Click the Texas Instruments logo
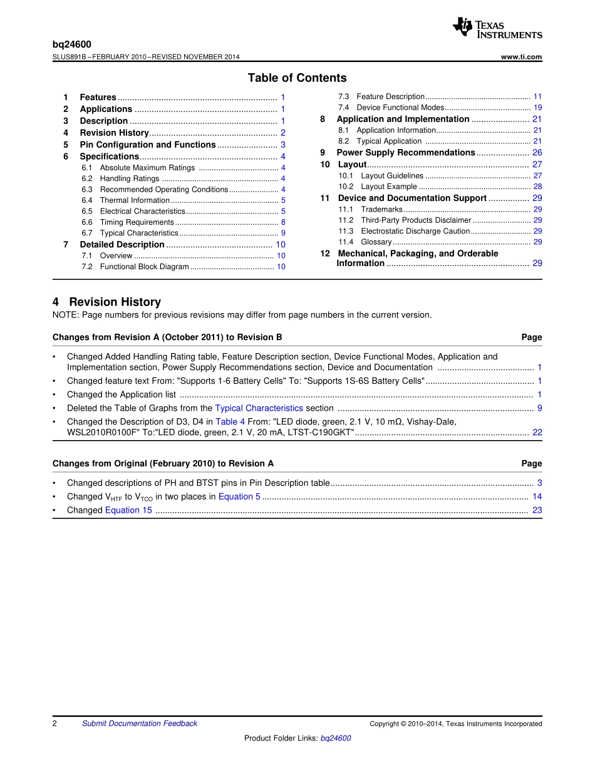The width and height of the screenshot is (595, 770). pyautogui.click(x=497, y=28)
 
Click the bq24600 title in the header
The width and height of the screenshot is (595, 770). pyautogui.click(x=71, y=44)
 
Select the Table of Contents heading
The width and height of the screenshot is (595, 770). pyautogui.click(x=297, y=78)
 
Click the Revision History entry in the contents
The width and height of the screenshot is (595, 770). pyautogui.click(x=114, y=133)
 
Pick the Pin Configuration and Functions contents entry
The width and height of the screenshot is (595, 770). pyautogui.click(x=147, y=145)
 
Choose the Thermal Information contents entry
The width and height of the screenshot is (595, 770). pyautogui.click(x=135, y=200)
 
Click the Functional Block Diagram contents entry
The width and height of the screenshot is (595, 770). pyautogui.click(x=144, y=267)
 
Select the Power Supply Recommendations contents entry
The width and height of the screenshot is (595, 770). pyautogui.click(x=406, y=153)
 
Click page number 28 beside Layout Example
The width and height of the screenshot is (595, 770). pyautogui.click(x=537, y=187)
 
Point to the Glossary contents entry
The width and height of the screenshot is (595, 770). pyautogui.click(x=376, y=242)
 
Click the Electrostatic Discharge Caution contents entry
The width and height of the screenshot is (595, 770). pyautogui.click(x=415, y=231)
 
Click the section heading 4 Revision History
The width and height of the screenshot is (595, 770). pyautogui.click(x=106, y=302)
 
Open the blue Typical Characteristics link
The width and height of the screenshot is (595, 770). pyautogui.click(x=259, y=408)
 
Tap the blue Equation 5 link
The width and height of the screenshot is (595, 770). pyautogui.click(x=239, y=496)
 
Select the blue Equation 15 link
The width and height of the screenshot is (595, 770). pyautogui.click(x=128, y=510)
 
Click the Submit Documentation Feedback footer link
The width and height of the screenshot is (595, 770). pyautogui.click(x=139, y=724)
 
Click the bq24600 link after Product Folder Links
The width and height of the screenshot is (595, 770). pyautogui.click(x=336, y=738)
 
